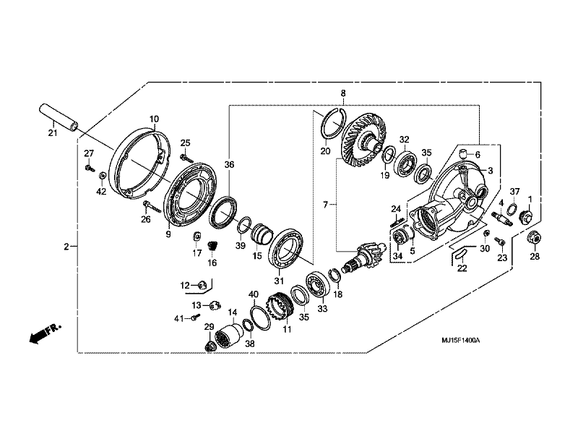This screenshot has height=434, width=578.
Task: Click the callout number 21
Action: tap(52, 132)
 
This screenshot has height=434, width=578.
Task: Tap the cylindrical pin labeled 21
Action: tap(59, 117)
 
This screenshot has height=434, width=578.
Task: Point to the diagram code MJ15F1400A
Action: tap(462, 339)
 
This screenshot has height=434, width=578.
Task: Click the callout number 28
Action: tap(535, 256)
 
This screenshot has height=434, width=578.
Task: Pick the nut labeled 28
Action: tap(535, 237)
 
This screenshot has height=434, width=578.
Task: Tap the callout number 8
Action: tap(343, 93)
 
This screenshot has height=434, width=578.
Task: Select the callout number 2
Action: tap(66, 247)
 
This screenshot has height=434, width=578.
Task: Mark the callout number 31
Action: tap(277, 281)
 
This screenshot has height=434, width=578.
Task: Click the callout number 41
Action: tap(178, 318)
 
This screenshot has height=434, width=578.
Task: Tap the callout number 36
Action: tap(229, 165)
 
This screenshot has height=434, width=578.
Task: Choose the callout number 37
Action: tap(514, 191)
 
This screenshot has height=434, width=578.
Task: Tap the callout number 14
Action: tap(232, 312)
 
